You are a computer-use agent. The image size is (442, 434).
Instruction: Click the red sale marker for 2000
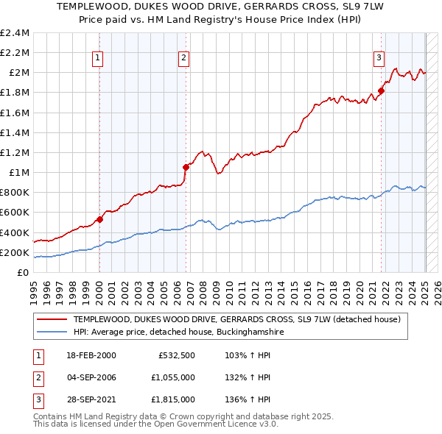coord(99,219)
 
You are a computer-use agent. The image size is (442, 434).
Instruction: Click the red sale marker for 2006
coord(186,167)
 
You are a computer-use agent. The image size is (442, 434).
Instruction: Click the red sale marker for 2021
coord(382,91)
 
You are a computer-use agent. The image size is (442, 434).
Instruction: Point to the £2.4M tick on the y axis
coord(15,33)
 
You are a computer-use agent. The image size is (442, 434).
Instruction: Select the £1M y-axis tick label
coord(19,173)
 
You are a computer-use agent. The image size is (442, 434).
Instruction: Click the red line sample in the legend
coord(52,319)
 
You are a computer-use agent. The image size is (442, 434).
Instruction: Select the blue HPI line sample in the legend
coord(52,332)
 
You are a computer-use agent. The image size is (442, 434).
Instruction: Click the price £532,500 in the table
coord(176,355)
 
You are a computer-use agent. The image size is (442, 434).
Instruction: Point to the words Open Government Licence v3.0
coord(218,425)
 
